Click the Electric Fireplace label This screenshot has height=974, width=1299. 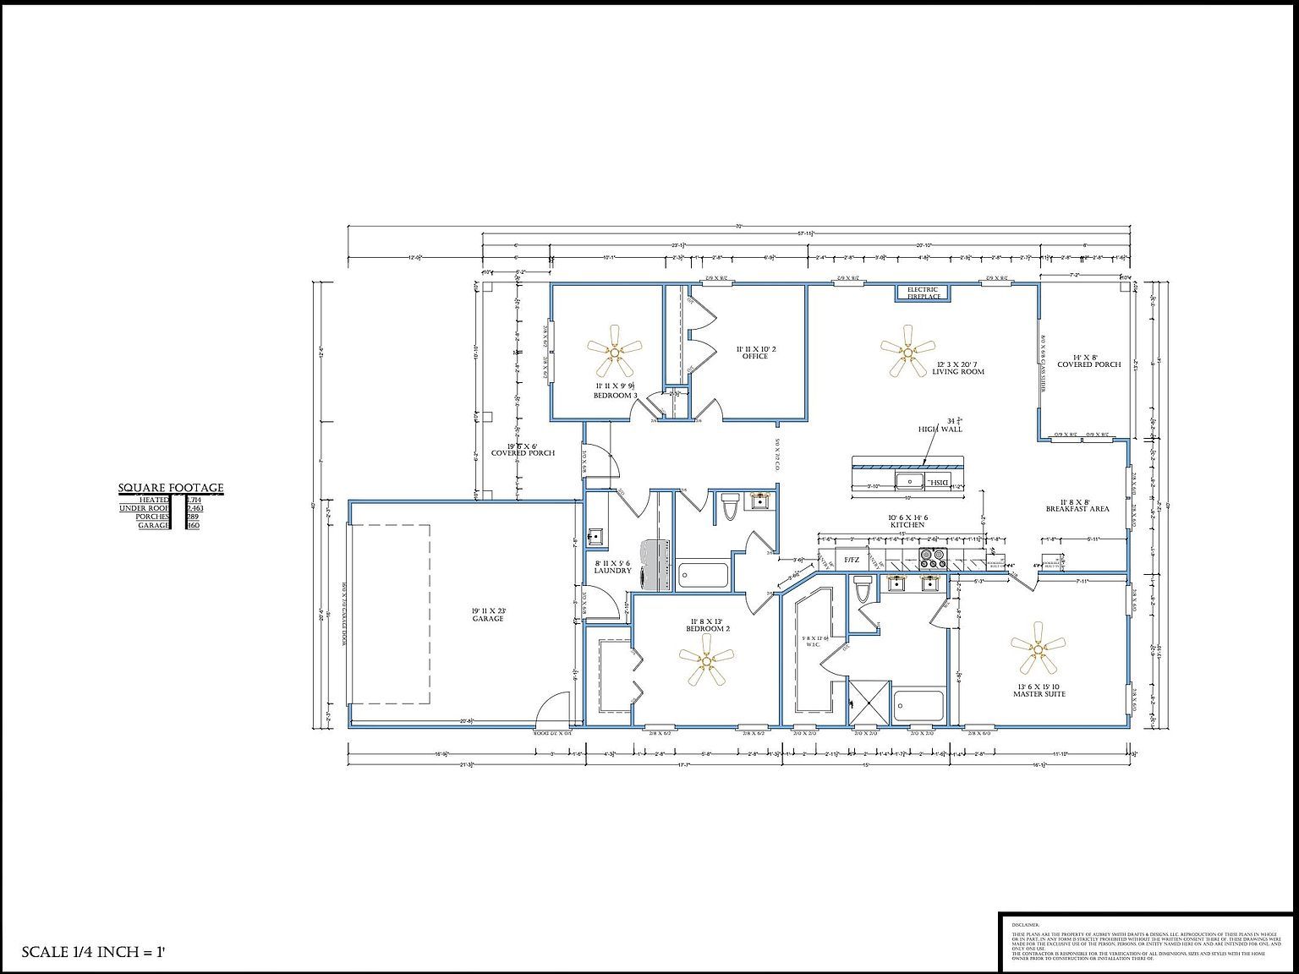(923, 293)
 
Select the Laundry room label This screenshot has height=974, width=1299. (612, 566)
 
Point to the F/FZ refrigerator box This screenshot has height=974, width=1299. (851, 560)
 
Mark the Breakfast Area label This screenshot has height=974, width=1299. (1077, 506)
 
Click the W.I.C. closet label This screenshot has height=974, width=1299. (813, 642)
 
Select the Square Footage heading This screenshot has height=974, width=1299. (171, 488)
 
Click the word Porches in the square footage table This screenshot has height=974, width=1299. (152, 517)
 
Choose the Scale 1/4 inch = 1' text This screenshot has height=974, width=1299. (92, 952)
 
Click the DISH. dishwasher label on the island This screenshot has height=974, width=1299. (939, 481)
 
